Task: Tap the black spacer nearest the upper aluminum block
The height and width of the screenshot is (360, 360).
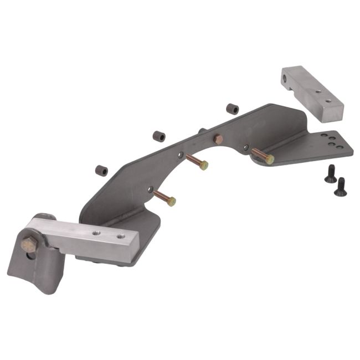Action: (232, 109)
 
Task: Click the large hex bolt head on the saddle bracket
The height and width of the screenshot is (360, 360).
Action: (28, 244)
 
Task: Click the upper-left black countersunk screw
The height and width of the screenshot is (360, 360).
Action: (328, 173)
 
